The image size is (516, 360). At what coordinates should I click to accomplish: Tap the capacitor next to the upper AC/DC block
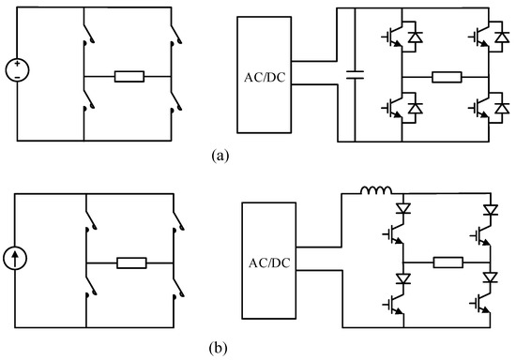pos(354,74)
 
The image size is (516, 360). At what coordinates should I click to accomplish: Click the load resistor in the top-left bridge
pos(129,75)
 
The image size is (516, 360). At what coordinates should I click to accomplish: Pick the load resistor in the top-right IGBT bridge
pos(445,75)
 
